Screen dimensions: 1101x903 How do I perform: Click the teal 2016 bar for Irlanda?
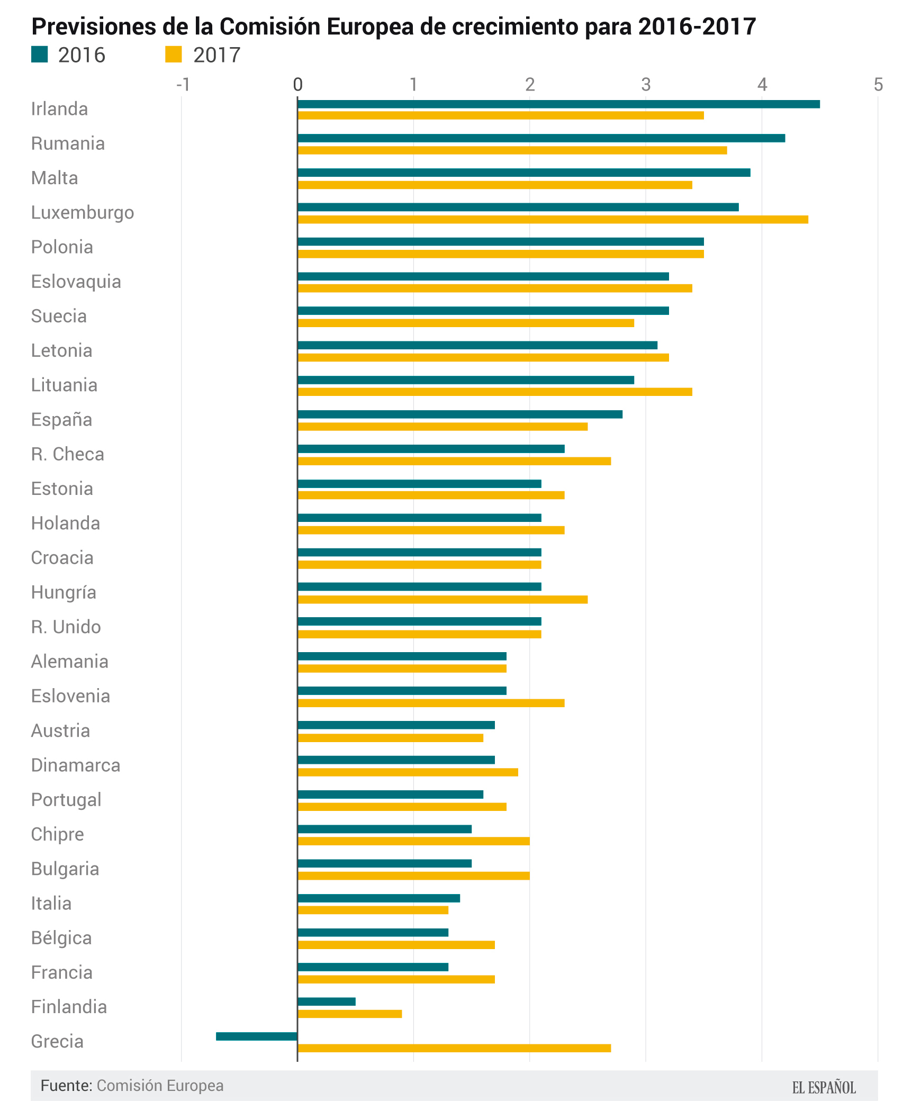pos(558,104)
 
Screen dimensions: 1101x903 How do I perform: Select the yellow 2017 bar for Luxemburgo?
pos(553,219)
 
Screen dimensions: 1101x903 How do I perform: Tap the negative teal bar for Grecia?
pos(257,1036)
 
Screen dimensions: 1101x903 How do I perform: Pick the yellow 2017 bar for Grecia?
pos(454,1048)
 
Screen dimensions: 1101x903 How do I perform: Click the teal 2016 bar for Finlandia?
pos(327,1001)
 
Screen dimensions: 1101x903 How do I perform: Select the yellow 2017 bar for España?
pos(443,427)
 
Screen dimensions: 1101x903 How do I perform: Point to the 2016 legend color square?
pos(40,55)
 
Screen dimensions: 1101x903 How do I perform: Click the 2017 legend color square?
pos(174,55)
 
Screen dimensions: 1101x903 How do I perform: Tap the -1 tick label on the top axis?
pos(183,85)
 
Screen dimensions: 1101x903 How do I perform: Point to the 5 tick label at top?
pos(878,85)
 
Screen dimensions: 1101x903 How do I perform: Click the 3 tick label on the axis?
pos(646,85)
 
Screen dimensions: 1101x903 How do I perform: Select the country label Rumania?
pos(68,143)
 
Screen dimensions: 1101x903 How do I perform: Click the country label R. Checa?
pos(67,454)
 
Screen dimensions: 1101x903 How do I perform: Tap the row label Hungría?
pos(64,592)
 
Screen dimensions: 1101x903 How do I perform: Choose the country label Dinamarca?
pos(76,765)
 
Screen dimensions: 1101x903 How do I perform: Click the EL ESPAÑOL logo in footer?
pos(824,1087)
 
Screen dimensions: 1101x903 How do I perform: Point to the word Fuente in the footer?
pos(66,1086)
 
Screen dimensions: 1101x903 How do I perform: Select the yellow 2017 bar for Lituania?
pos(495,392)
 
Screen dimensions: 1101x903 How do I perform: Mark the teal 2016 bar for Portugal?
pos(390,795)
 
